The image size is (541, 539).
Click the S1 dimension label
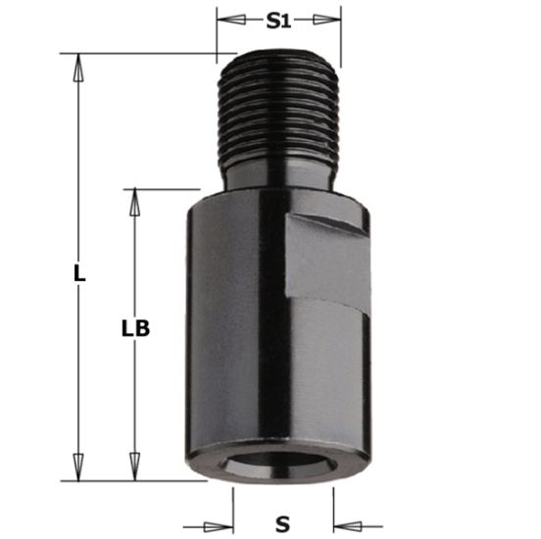(279, 19)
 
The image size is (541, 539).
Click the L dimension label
(80, 274)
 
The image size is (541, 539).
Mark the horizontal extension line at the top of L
(147, 52)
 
